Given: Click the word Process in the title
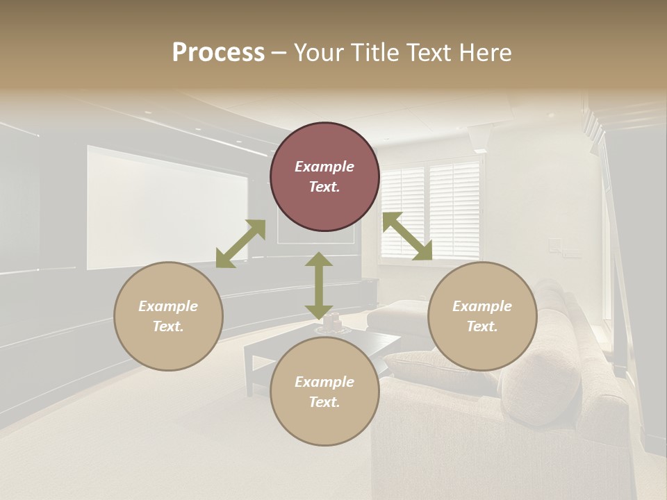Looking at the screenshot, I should (x=218, y=52).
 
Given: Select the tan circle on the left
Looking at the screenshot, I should (x=168, y=316).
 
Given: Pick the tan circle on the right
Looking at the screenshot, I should (x=482, y=316).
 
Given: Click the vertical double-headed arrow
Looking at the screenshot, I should (x=319, y=285).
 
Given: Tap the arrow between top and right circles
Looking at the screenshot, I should (x=408, y=236).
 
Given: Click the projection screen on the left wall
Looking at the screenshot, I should (x=167, y=207).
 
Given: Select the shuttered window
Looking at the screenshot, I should (x=431, y=209).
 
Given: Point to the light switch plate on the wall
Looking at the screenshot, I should (x=554, y=245).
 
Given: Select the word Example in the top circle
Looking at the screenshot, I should (x=324, y=167).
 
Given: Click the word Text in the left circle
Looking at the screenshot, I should (x=168, y=326).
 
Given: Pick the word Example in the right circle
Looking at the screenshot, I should (x=482, y=306).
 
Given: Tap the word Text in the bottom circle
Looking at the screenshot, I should (x=324, y=402).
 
